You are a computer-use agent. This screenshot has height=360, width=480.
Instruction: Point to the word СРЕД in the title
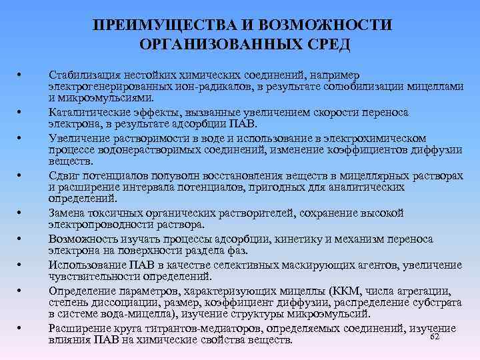click(329, 45)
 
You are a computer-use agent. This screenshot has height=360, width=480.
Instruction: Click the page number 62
click(435, 337)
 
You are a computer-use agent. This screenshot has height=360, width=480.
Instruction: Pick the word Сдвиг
click(64, 174)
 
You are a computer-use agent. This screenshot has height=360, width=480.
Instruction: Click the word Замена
click(67, 213)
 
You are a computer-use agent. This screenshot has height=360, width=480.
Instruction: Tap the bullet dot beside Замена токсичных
click(22, 213)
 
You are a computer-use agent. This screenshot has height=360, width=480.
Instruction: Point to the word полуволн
click(183, 174)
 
